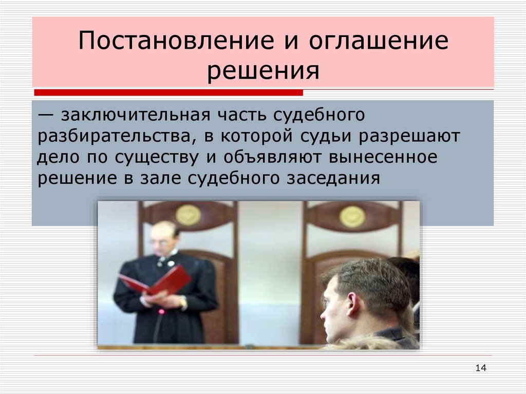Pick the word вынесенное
[386, 157]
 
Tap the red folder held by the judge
[154, 281]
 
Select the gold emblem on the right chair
[352, 216]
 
